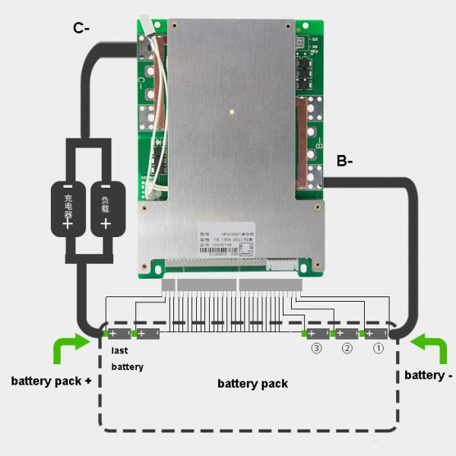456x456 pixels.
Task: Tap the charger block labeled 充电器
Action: click(67, 207)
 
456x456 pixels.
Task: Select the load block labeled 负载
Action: click(106, 207)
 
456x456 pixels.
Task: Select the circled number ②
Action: click(347, 349)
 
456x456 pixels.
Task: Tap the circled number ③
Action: click(316, 349)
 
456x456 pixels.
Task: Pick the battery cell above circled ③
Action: click(317, 334)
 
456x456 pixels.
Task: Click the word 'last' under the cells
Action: click(120, 351)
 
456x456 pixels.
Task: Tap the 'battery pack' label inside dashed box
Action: click(252, 384)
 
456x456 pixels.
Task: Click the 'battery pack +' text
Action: click(52, 380)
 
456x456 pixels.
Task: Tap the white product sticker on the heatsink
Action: click(230, 237)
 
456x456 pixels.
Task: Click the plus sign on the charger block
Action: click(67, 223)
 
